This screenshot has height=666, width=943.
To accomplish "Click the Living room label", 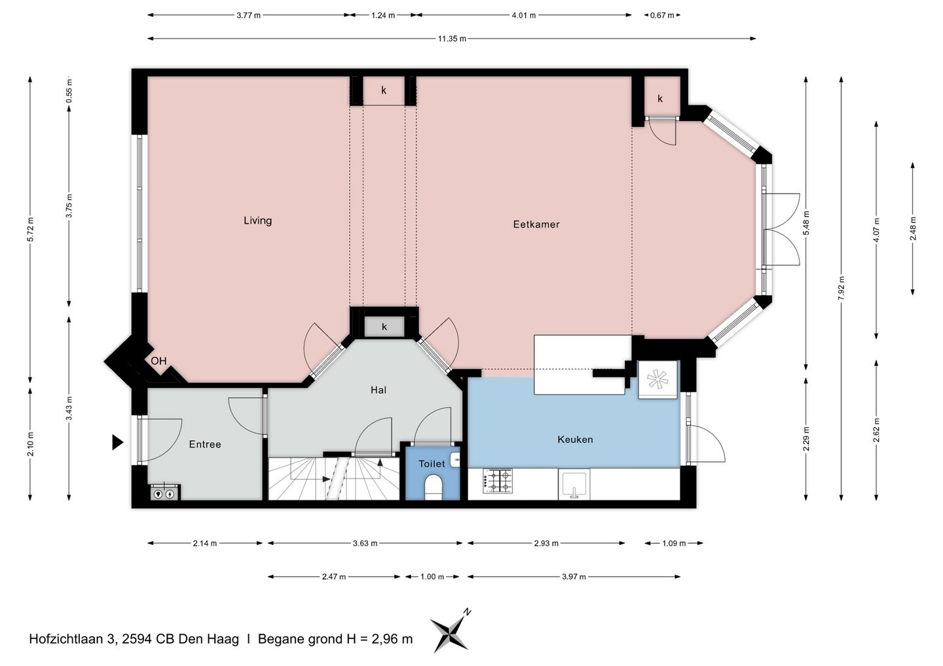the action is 257,220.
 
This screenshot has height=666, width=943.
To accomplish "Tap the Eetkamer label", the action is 536,224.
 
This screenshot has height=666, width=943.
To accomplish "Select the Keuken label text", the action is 575,440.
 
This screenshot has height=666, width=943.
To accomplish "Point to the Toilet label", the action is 432,464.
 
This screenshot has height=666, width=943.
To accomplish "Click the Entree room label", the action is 204,444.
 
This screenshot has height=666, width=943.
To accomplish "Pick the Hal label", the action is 379,390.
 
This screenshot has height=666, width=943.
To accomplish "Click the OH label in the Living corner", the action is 158,360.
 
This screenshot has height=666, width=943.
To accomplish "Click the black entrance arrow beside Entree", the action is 117,442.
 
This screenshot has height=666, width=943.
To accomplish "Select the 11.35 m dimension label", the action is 452,39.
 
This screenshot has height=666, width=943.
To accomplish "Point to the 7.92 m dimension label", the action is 841,289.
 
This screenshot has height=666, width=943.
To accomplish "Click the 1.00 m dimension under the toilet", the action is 432,576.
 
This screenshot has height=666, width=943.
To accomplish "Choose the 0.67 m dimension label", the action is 662,16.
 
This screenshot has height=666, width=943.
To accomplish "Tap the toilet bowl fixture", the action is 433,488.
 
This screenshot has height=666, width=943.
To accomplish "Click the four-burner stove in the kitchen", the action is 498,481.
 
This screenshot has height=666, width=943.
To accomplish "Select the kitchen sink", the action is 574,484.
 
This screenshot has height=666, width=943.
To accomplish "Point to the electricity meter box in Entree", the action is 164,493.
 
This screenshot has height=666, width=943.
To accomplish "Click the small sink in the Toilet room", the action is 455,459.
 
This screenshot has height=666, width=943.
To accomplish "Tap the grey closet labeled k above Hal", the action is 384,326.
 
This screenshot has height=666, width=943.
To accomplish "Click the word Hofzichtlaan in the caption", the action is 66,639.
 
